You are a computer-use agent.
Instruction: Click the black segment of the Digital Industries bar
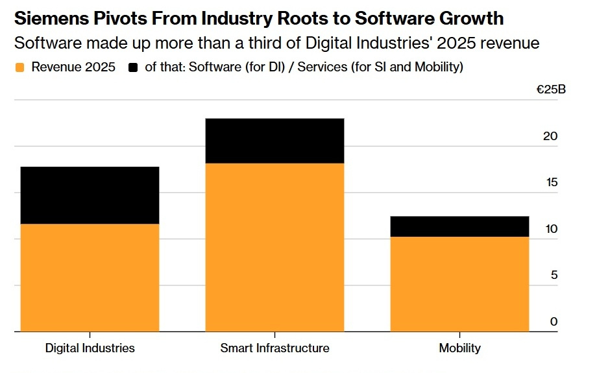90,195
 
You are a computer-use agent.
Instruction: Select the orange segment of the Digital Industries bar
90,278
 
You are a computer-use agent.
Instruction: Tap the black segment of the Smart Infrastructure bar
274,141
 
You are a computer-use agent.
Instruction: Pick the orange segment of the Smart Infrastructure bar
274,247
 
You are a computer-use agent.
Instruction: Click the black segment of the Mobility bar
459,226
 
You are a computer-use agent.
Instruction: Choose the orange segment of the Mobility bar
459,284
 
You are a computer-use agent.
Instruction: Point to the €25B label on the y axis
550,90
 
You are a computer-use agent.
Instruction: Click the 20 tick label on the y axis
550,136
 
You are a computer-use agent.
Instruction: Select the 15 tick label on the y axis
550,182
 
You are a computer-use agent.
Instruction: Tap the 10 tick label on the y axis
550,229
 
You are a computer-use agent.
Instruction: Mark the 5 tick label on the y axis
554,275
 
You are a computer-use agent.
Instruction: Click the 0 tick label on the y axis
554,322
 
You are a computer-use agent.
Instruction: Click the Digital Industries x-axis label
90,348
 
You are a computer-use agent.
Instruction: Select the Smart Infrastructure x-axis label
274,348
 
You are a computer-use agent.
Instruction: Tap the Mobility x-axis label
459,348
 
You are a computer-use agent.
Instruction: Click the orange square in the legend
19,67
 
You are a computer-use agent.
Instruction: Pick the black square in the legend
133,67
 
